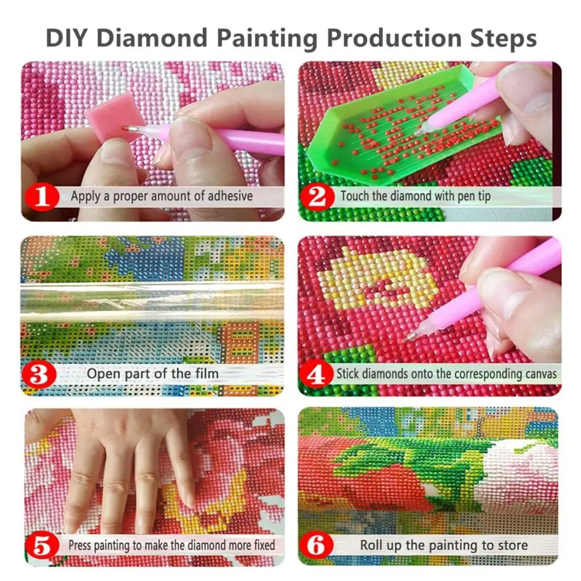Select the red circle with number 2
pyautogui.click(x=318, y=197)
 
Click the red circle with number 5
pyautogui.click(x=43, y=546)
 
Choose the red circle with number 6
pyautogui.click(x=318, y=546)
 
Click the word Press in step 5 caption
pyautogui.click(x=80, y=546)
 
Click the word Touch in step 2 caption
pyautogui.click(x=354, y=196)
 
